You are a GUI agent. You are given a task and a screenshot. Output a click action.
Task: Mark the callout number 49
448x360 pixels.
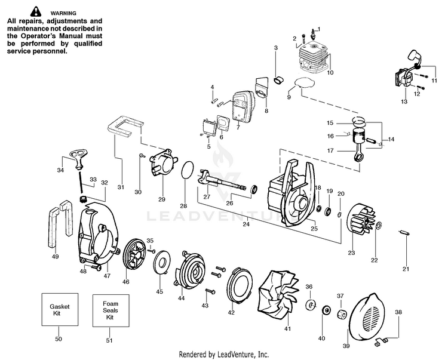point(55,257)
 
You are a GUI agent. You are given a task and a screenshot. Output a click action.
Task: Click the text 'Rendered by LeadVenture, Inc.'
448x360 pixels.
point(223,353)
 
